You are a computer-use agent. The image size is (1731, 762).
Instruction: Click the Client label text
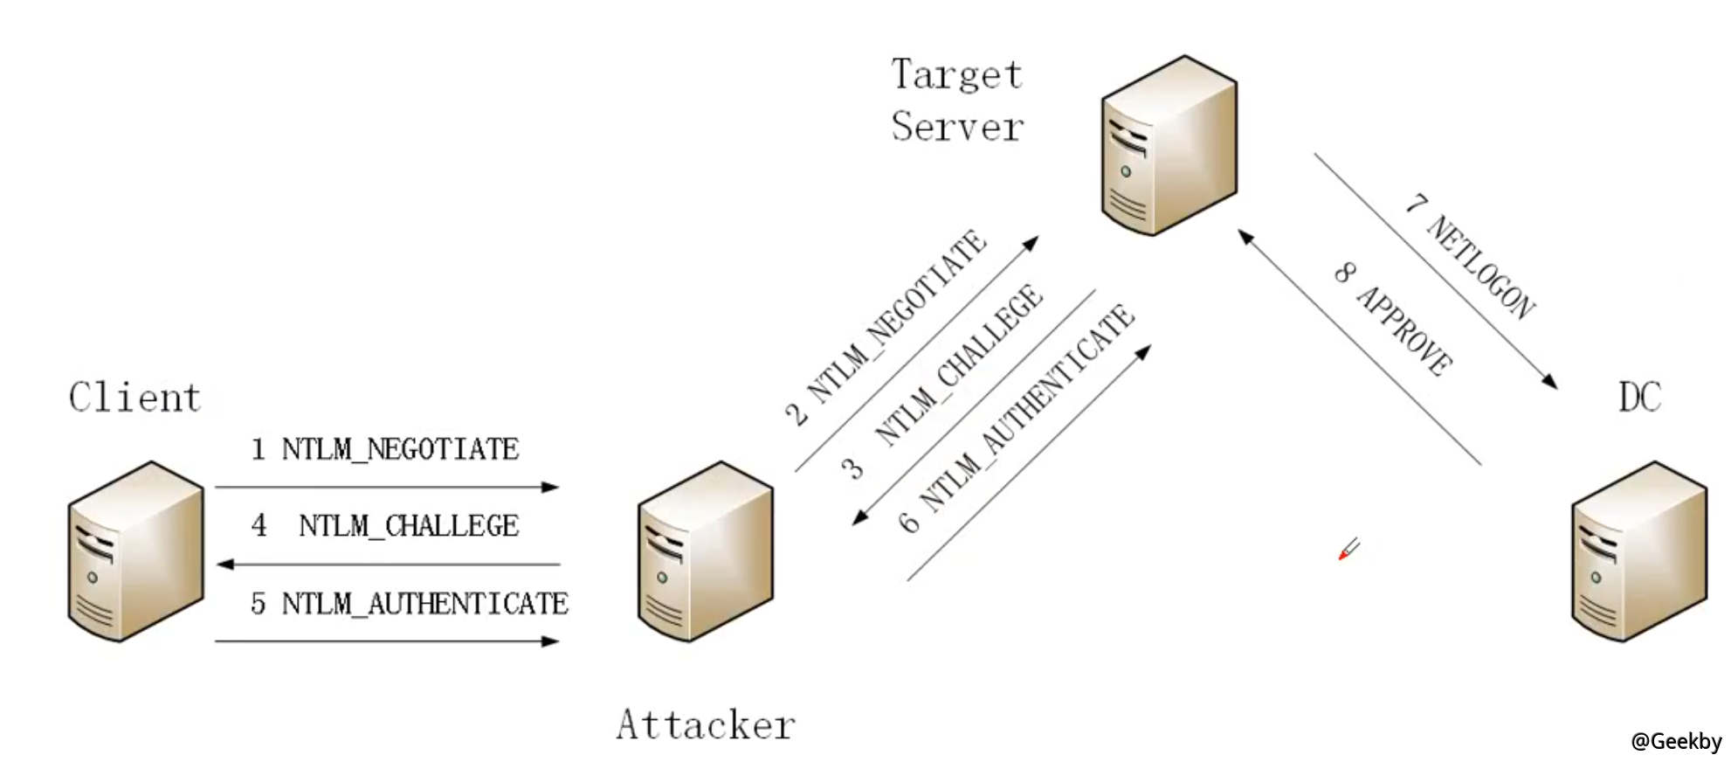tap(134, 398)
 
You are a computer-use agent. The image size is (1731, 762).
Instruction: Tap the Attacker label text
tap(705, 724)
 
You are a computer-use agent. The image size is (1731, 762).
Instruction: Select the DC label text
tap(1639, 398)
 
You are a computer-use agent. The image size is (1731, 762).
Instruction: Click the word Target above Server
tap(956, 74)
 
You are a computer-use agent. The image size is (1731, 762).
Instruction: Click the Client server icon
tap(135, 551)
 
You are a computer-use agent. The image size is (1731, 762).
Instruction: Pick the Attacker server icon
tap(705, 551)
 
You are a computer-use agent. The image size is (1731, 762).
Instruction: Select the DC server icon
tap(1638, 551)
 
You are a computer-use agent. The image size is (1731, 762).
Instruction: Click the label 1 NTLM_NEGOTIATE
tap(385, 449)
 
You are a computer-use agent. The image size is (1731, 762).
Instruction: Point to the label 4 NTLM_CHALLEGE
tap(385, 526)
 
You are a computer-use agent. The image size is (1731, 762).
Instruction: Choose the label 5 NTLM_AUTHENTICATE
tap(409, 604)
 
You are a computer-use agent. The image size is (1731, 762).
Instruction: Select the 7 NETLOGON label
tap(1471, 256)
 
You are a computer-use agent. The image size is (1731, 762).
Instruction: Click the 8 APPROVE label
tap(1394, 319)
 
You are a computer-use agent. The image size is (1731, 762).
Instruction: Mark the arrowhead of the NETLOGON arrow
tap(1550, 382)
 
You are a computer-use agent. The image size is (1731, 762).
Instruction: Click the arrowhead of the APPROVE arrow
tap(1246, 237)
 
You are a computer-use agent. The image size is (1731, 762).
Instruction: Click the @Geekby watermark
tap(1675, 741)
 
